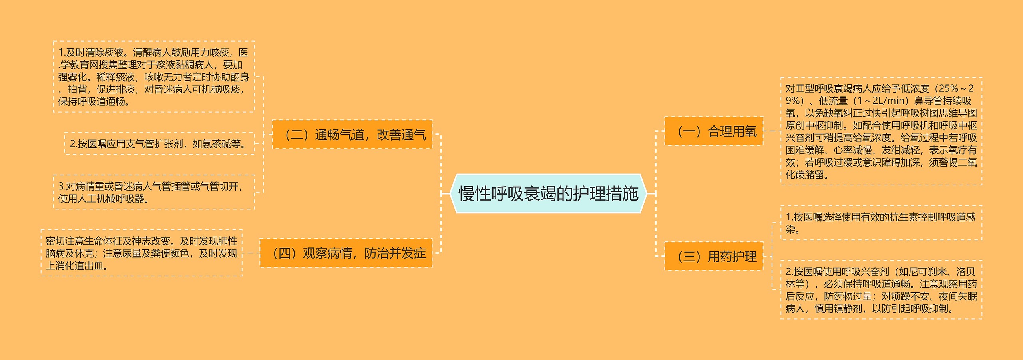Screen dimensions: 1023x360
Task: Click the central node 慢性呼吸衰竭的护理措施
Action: click(x=548, y=194)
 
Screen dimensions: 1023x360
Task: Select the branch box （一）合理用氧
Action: click(x=714, y=131)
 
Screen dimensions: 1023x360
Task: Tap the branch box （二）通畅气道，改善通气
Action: click(x=352, y=135)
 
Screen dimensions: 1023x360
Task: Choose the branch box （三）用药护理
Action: click(x=714, y=257)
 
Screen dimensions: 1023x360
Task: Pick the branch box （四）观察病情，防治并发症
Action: click(x=346, y=253)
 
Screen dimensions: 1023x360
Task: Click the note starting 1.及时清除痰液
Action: click(x=154, y=77)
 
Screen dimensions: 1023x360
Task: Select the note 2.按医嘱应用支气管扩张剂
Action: click(x=159, y=144)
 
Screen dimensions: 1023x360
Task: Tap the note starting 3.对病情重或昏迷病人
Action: click(x=154, y=192)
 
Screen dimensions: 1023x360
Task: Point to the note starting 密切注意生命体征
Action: click(x=141, y=253)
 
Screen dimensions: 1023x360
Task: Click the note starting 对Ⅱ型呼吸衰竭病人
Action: click(x=881, y=131)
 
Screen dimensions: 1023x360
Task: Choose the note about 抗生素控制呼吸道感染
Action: click(x=881, y=223)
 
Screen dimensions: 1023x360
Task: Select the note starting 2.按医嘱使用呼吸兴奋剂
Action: click(x=881, y=290)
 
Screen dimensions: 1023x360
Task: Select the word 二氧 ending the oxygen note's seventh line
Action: click(x=967, y=163)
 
